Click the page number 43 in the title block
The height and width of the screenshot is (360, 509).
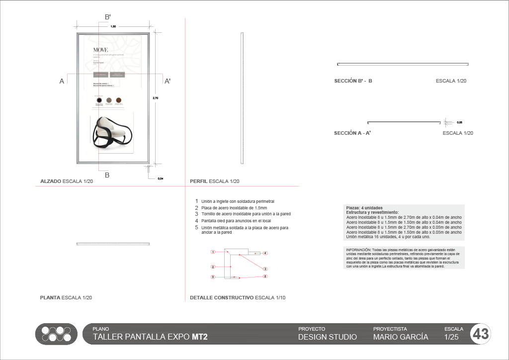481,334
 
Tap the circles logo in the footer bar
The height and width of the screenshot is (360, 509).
56,334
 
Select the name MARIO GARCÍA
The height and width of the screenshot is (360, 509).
400,337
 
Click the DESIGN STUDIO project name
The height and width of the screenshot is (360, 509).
327,337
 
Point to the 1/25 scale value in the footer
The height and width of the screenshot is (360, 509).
453,337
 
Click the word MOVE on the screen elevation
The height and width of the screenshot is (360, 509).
100,50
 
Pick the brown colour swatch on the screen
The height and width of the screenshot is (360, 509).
118,100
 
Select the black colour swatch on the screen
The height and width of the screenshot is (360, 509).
99,100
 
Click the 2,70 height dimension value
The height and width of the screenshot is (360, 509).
155,98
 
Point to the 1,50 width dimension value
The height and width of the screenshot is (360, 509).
113,26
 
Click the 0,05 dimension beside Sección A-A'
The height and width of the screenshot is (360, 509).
459,122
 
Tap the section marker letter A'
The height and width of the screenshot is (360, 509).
168,81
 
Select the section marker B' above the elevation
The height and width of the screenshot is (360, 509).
107,17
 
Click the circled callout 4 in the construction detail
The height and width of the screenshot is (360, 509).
265,253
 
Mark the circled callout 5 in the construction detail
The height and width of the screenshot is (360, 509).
265,276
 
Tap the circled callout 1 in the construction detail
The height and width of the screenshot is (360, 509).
212,252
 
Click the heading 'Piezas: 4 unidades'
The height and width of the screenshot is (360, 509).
364,207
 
